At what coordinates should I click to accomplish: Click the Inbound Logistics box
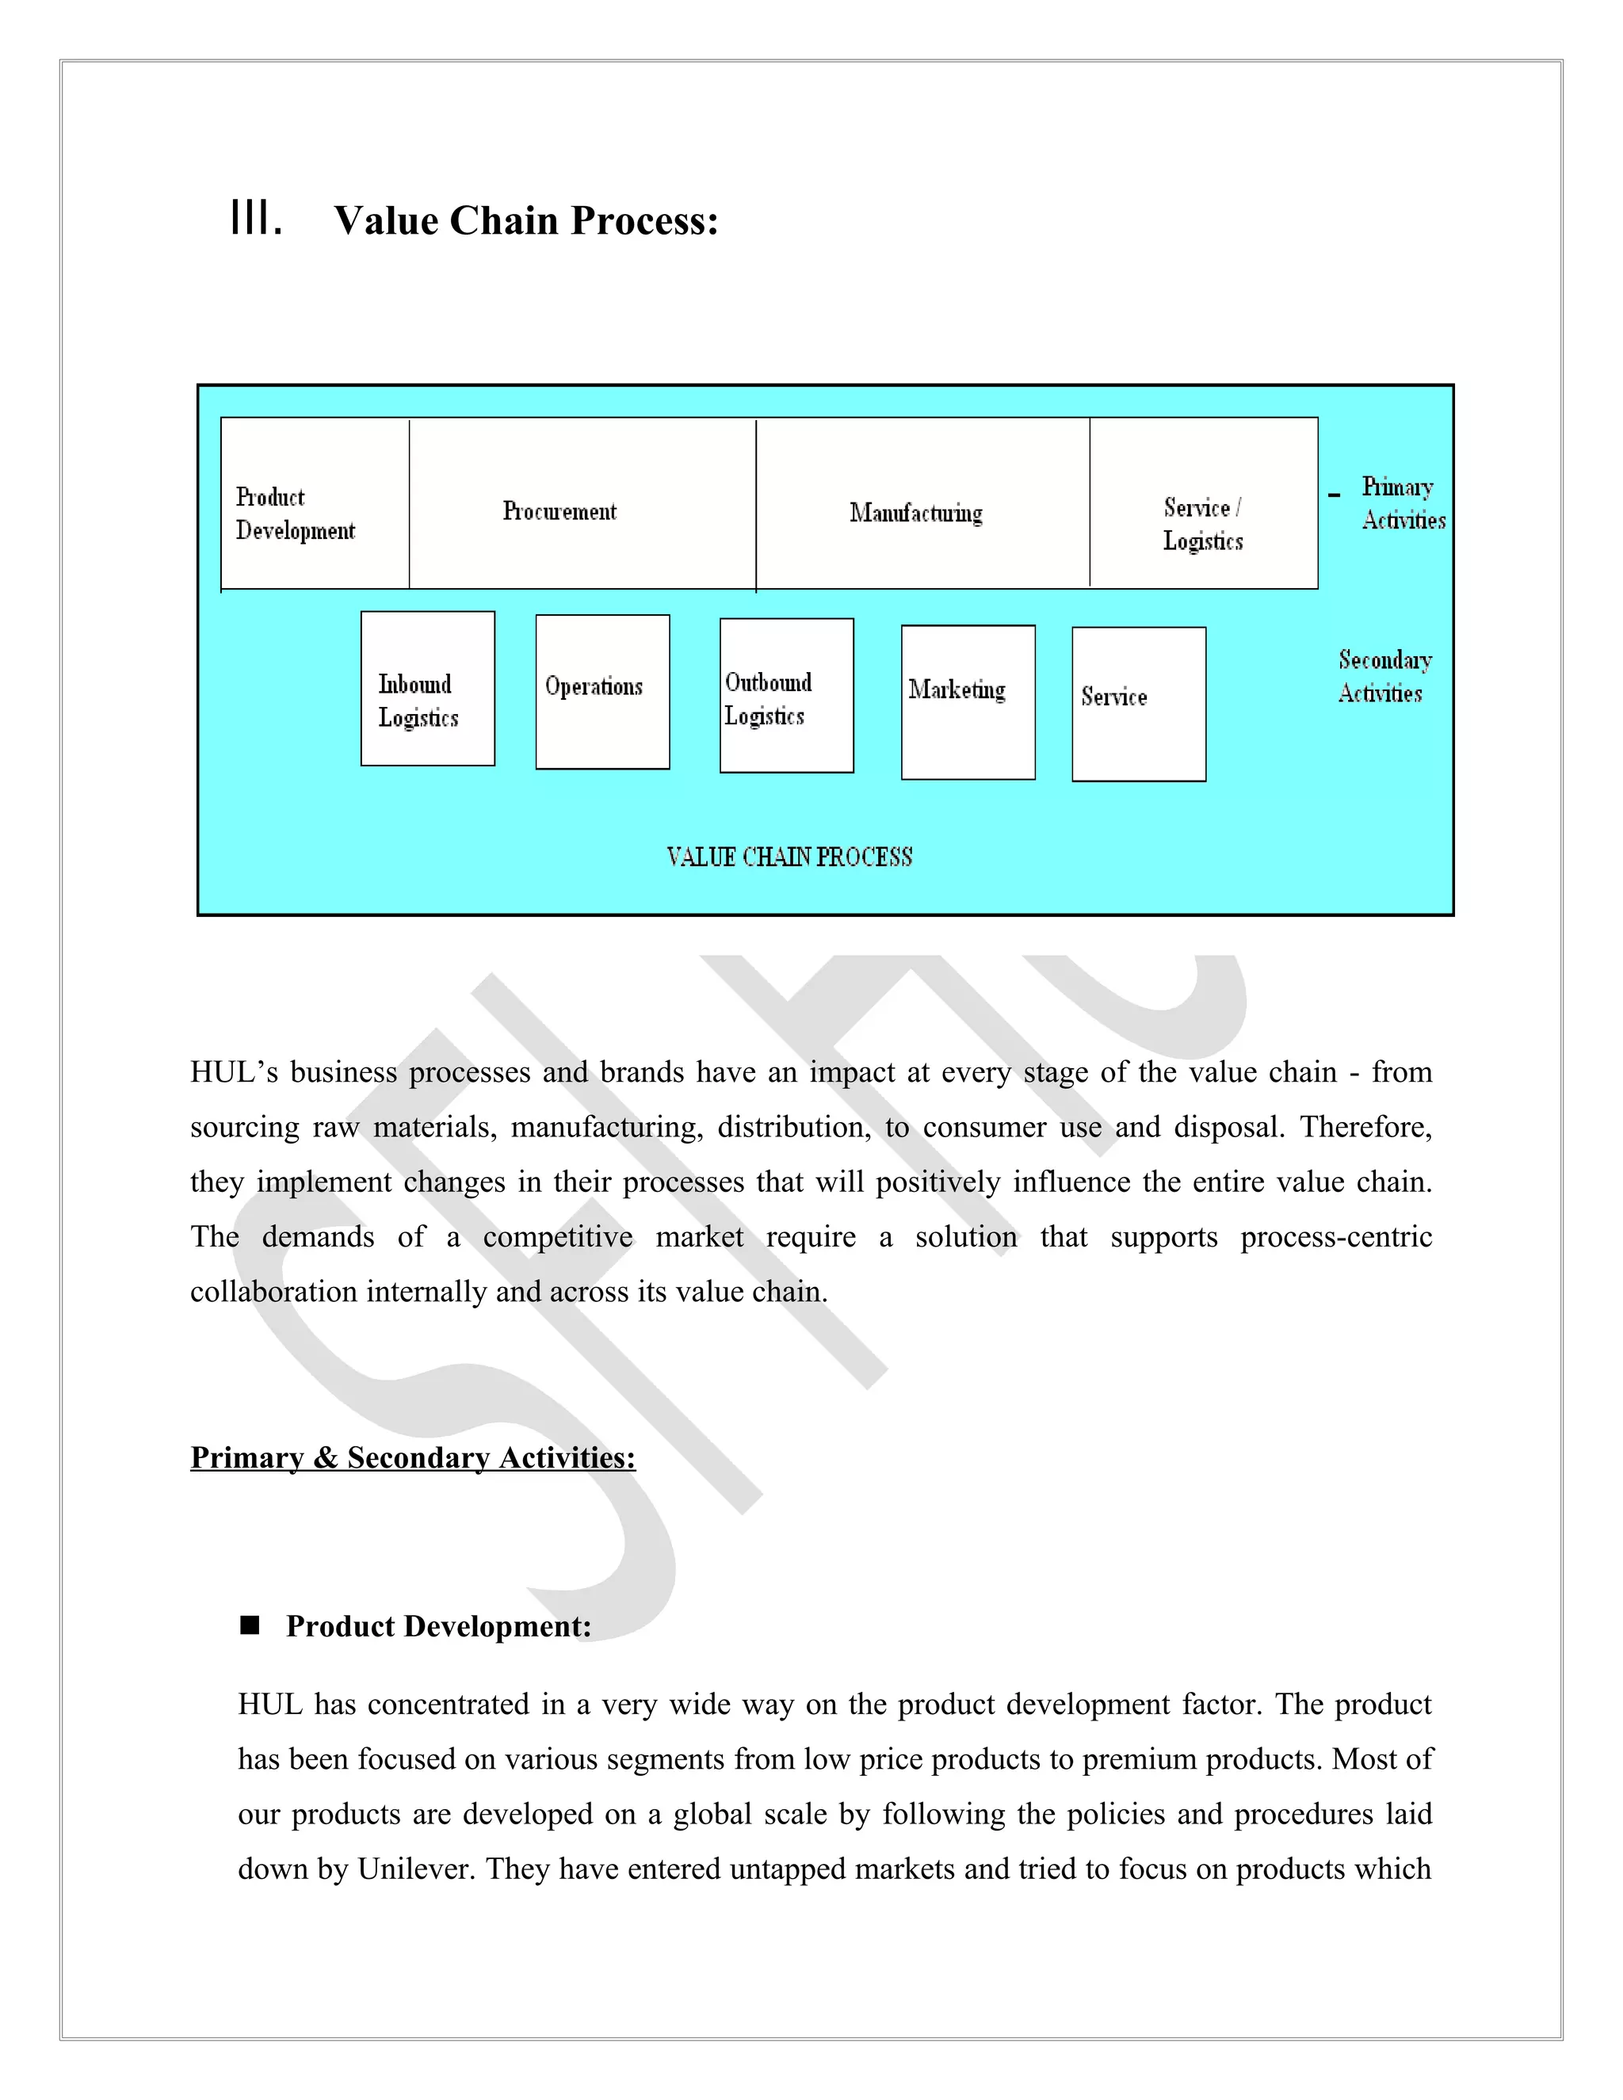point(428,689)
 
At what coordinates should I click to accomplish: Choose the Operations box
point(602,691)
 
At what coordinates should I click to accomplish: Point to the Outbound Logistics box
point(786,695)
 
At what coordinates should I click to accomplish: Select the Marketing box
point(968,702)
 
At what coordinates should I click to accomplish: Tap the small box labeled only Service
point(1139,704)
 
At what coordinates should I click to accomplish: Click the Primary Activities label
point(1402,503)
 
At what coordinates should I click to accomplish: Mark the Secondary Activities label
point(1384,676)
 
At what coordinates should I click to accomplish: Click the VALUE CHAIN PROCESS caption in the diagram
point(789,857)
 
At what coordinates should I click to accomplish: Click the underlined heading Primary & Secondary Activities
point(412,1457)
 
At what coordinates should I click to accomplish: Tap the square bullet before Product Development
point(250,1625)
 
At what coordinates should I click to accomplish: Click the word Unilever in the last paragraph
point(415,1869)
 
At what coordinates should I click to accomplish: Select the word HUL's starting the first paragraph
point(234,1072)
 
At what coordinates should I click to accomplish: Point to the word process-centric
point(1335,1236)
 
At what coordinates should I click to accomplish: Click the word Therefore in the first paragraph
point(1365,1127)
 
